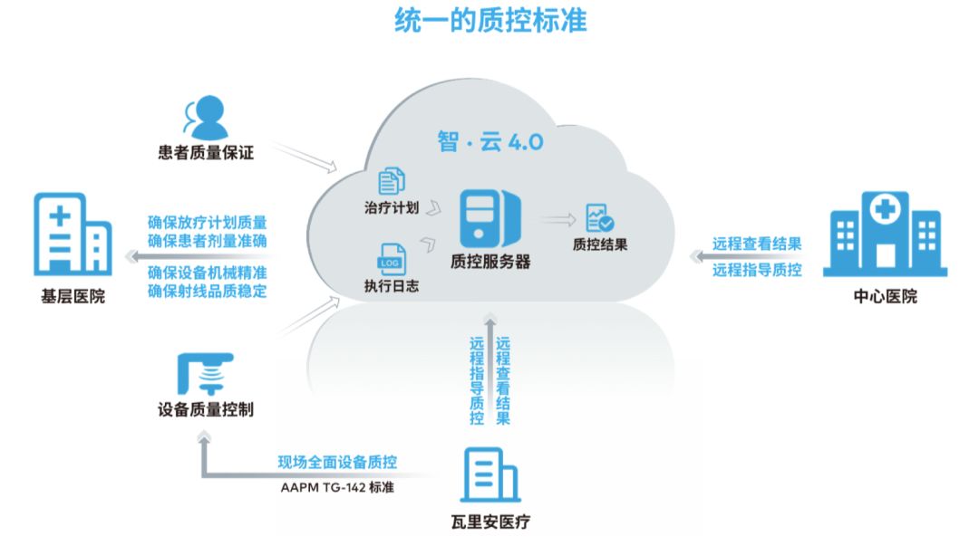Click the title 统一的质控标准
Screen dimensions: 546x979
click(x=490, y=20)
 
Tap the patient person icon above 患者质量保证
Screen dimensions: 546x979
click(x=207, y=117)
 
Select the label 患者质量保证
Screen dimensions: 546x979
click(x=206, y=153)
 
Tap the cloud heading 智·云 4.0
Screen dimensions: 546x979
click(x=490, y=142)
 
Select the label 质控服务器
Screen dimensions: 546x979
click(x=490, y=262)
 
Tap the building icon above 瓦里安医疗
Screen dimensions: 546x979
click(x=489, y=474)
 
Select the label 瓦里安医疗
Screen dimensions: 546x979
click(x=489, y=523)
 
